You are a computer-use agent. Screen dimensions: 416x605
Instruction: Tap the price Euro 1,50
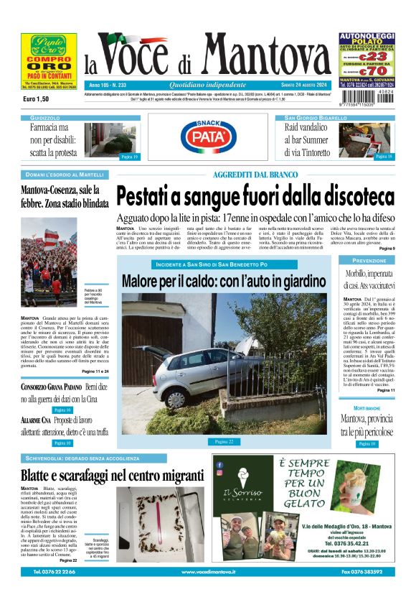[36, 99]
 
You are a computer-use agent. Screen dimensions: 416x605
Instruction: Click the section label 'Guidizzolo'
[45, 117]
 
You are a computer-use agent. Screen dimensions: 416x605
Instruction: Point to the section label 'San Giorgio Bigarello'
[316, 117]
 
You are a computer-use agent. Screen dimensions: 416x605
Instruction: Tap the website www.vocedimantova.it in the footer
[208, 572]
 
